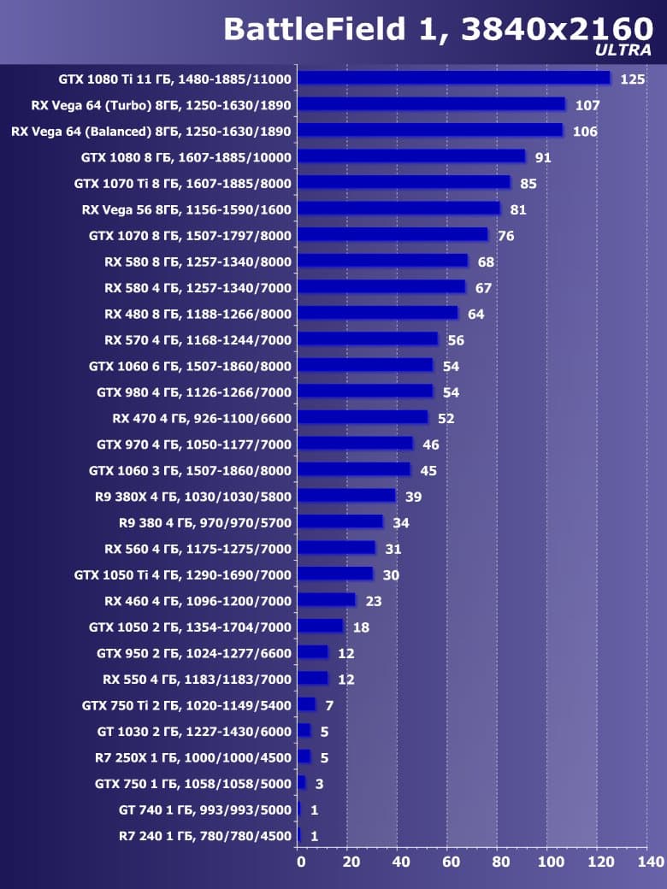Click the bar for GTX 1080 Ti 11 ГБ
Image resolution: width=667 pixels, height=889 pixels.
(454, 78)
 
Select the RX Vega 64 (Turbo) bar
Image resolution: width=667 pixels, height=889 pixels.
(431, 104)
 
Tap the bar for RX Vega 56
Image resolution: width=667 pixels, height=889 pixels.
(398, 209)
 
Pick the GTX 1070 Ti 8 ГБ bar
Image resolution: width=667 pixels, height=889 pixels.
(404, 182)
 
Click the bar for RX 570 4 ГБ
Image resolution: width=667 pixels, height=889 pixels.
(368, 339)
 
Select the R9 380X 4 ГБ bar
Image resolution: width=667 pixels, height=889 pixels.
(346, 496)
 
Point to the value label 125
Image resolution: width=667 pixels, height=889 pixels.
(633, 79)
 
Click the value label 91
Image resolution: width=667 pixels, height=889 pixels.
(543, 158)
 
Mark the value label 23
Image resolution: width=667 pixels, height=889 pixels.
(373, 602)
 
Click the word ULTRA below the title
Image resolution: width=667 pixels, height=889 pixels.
(623, 50)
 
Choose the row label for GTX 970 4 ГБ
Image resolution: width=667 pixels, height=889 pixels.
(193, 444)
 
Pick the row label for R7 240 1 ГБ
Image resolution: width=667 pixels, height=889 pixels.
(205, 836)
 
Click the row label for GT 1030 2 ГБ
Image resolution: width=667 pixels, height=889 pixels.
(194, 732)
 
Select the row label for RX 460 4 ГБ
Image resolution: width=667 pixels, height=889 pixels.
(198, 601)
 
